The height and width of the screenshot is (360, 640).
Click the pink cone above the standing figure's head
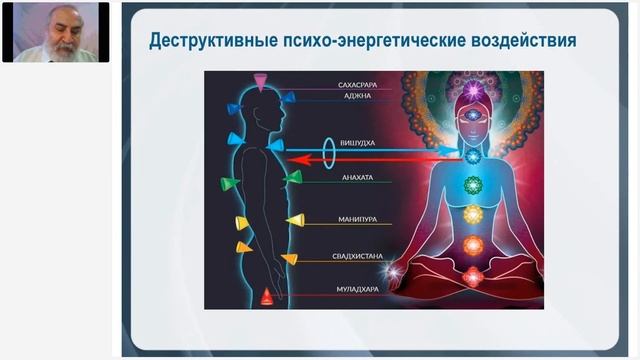click(x=260, y=81)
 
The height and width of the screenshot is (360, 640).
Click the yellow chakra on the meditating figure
click(x=474, y=213)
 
